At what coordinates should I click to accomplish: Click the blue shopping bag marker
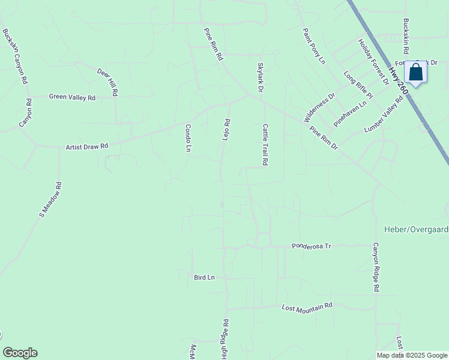click(x=415, y=73)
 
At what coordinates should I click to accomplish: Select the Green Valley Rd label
click(x=72, y=97)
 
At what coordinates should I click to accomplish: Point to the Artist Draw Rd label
click(x=86, y=146)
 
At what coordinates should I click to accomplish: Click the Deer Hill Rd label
click(x=108, y=82)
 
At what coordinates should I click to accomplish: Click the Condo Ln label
click(x=188, y=137)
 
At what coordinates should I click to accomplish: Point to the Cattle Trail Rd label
click(x=264, y=145)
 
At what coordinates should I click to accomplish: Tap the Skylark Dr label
click(x=261, y=77)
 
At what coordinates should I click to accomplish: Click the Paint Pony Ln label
click(x=313, y=46)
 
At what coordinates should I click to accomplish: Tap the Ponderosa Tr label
click(x=312, y=246)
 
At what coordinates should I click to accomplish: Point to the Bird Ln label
click(x=204, y=278)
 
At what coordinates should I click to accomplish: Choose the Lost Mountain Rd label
click(x=307, y=307)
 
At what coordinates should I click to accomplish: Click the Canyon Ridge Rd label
click(x=376, y=267)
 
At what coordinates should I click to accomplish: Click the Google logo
click(x=20, y=353)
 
